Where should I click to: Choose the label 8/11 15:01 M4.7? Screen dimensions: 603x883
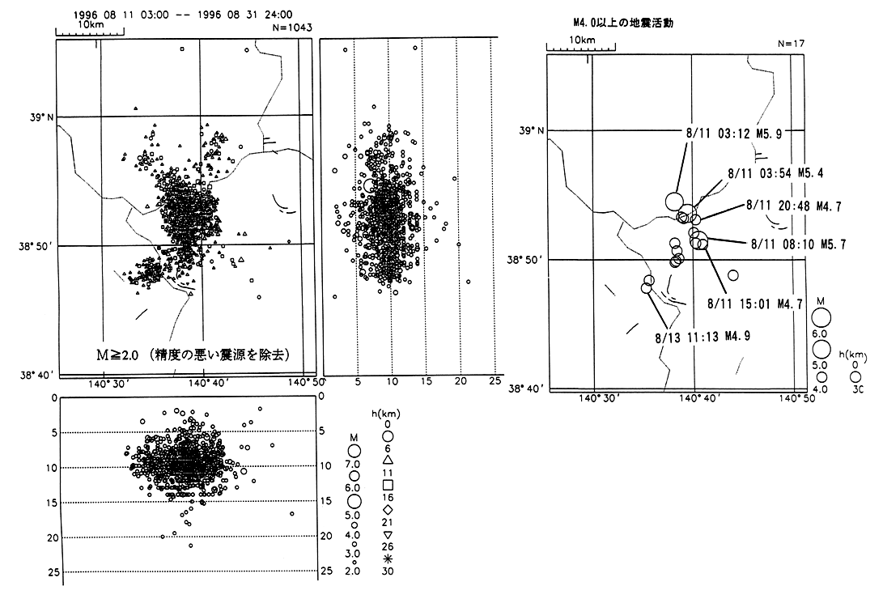tap(754, 304)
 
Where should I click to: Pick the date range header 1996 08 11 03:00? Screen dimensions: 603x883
tap(120, 15)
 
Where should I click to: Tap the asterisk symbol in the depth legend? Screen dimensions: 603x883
tap(388, 558)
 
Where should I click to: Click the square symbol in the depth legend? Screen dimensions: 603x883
tap(388, 485)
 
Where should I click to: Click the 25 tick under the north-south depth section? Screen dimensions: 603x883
tap(493, 380)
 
